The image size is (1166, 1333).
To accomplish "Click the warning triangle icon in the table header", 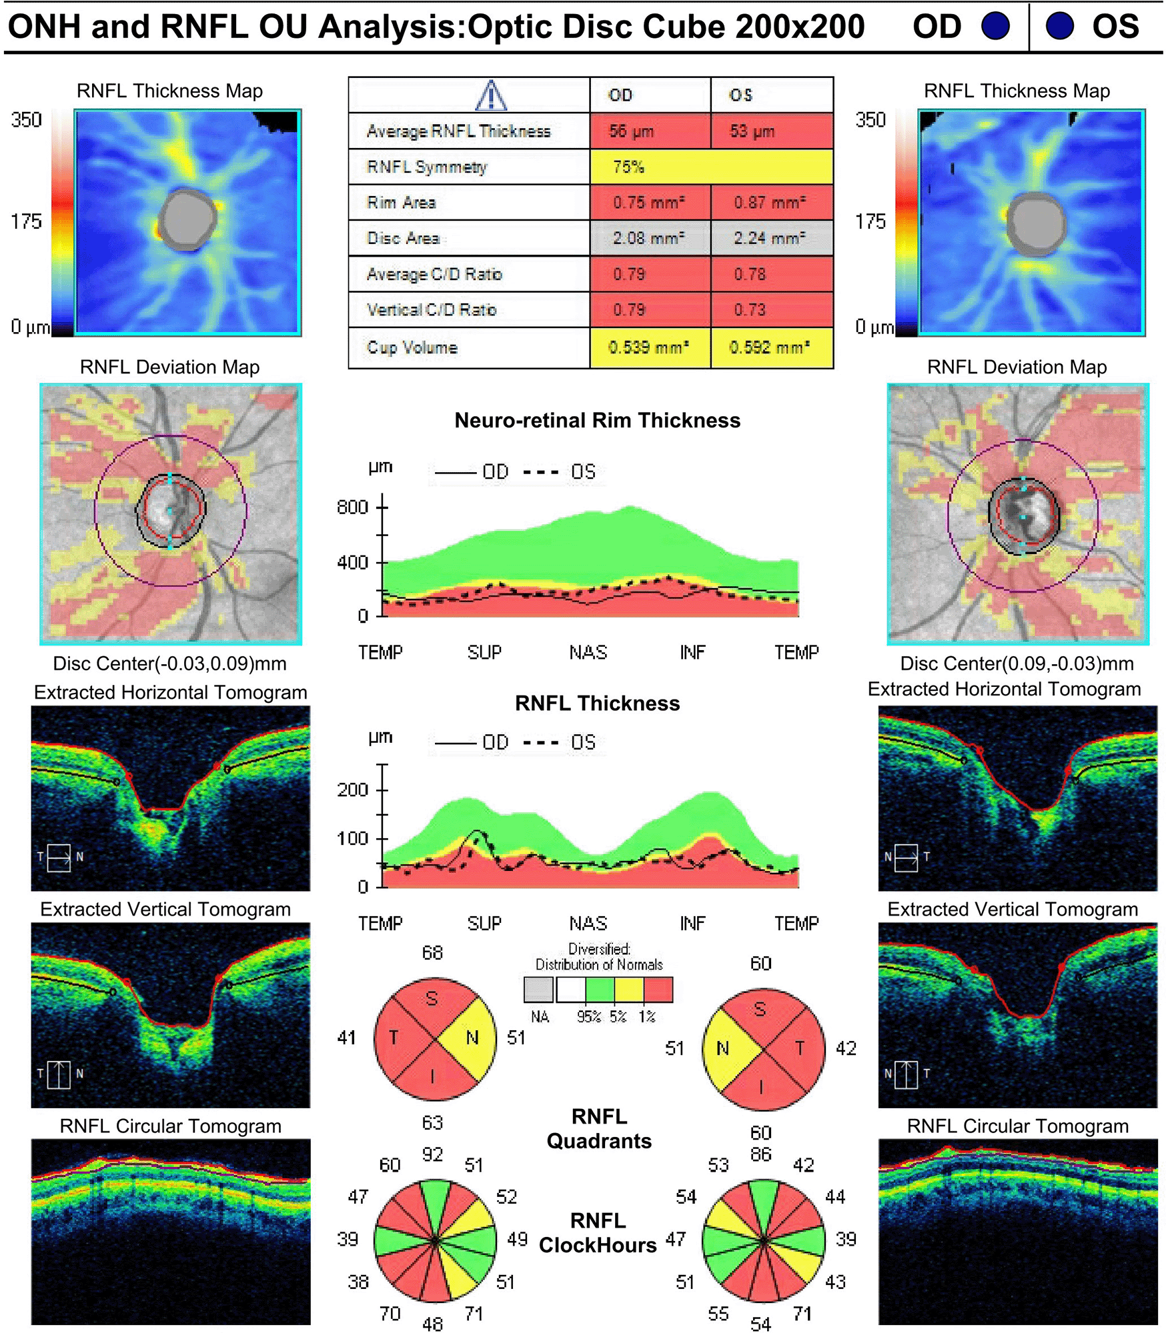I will [x=491, y=95].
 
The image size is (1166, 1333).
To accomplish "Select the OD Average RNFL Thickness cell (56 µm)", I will [x=649, y=131].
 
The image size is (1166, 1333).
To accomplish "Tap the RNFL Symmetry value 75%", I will [x=711, y=167].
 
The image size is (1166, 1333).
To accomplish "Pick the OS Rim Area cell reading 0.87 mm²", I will [x=771, y=203].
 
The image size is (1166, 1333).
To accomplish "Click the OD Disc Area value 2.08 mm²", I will [x=649, y=238].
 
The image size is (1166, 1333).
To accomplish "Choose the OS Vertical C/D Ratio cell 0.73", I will [x=771, y=309].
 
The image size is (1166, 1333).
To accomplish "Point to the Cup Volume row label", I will [x=412, y=347].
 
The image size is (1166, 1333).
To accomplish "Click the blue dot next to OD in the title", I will [x=995, y=27].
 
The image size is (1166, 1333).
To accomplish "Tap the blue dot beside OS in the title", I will [x=1059, y=27].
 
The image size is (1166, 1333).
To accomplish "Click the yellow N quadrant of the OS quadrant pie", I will [x=726, y=1049].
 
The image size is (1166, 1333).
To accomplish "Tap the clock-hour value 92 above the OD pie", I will [x=432, y=1154].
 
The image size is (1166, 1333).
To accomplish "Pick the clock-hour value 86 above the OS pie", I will [x=760, y=1154].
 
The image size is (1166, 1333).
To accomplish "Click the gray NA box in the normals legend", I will [x=538, y=990].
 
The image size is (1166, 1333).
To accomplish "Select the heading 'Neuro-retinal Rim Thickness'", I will [x=597, y=421].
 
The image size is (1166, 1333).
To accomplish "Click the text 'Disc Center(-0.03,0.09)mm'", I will [x=169, y=663].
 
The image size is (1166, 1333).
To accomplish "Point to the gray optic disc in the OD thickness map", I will [x=187, y=219].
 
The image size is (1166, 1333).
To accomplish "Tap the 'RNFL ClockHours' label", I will [x=598, y=1233].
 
